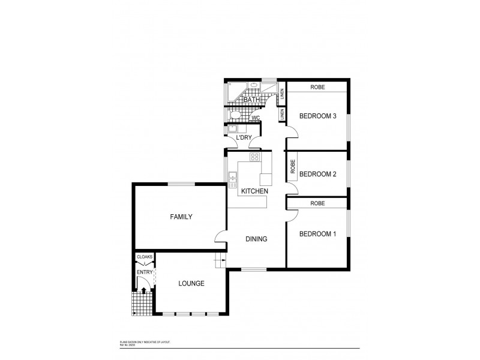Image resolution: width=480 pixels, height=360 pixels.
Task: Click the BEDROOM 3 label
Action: (317, 116)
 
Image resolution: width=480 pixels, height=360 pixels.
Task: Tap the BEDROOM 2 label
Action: (317, 175)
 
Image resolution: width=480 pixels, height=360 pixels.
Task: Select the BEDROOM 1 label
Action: (317, 233)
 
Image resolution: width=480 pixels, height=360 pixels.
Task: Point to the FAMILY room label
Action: (181, 217)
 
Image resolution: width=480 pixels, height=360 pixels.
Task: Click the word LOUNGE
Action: (191, 283)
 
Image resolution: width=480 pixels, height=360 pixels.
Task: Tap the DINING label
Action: (256, 239)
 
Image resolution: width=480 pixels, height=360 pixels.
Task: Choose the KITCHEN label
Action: (254, 191)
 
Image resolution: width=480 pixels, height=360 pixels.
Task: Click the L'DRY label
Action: (244, 137)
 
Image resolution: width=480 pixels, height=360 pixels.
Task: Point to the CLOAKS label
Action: (145, 257)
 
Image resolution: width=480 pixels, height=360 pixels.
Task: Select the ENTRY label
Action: (144, 272)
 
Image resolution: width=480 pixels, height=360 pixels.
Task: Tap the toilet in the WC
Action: (236, 115)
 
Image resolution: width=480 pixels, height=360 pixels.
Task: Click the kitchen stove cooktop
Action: (254, 158)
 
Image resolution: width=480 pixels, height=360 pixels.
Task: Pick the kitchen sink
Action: (232, 177)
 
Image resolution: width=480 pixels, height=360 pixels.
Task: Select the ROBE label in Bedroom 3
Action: (317, 87)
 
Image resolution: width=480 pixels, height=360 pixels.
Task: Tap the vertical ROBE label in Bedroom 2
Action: (293, 166)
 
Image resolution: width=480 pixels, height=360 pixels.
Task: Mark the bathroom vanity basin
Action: (253, 86)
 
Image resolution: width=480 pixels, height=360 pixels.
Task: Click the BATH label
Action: (242, 100)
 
